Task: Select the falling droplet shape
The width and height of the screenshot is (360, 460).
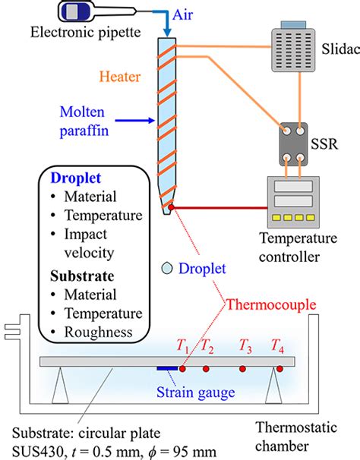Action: [x=167, y=267]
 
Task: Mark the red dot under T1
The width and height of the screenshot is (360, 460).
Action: [x=183, y=369]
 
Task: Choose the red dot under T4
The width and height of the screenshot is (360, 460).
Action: [x=279, y=369]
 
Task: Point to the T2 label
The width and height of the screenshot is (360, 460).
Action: [x=207, y=348]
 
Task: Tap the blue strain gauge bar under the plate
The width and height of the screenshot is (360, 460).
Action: [x=167, y=369]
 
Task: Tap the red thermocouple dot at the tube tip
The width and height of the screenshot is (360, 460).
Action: [x=172, y=206]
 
